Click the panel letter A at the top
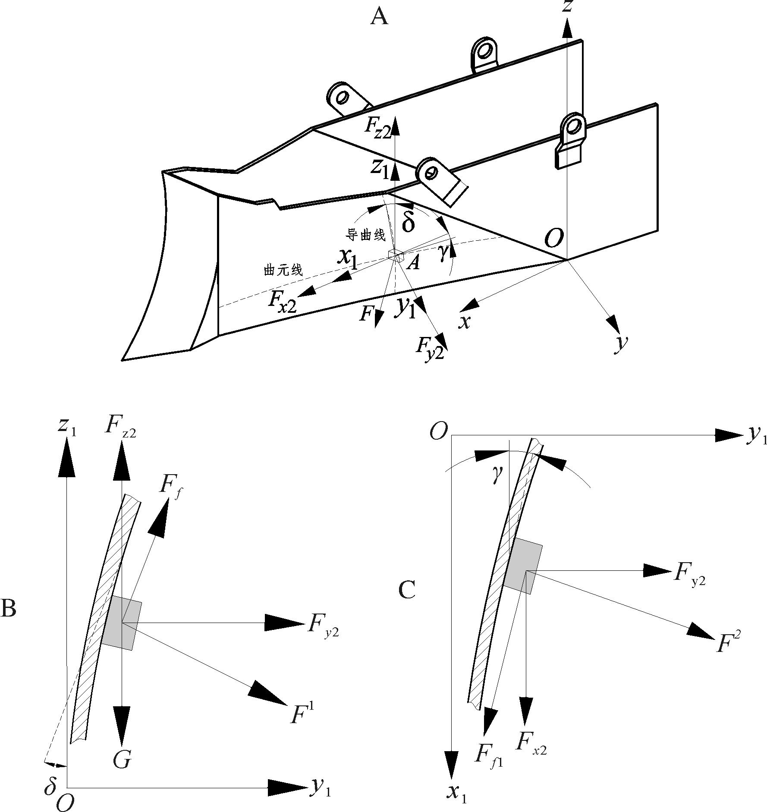[x=379, y=18]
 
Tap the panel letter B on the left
[x=8, y=608]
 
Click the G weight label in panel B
[x=123, y=759]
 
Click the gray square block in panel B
[x=122, y=623]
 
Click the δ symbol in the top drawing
[x=408, y=222]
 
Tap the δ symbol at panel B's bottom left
[x=50, y=786]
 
